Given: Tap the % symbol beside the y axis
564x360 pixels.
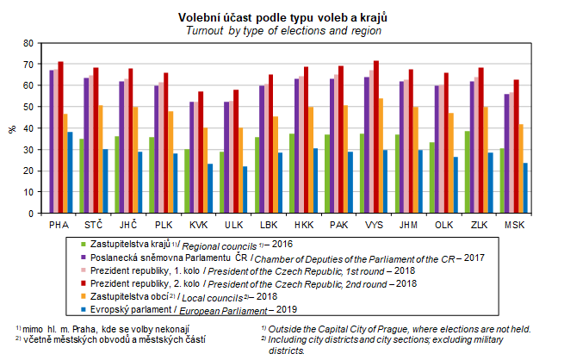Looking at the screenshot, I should click(x=11, y=128).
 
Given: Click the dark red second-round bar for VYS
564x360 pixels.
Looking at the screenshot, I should click(x=375, y=138).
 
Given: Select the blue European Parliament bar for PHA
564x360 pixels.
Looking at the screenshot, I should click(x=70, y=172).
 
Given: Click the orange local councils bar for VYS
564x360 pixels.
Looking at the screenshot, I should click(x=381, y=156).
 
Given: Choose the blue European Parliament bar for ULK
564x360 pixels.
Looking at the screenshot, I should click(x=245, y=189).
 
